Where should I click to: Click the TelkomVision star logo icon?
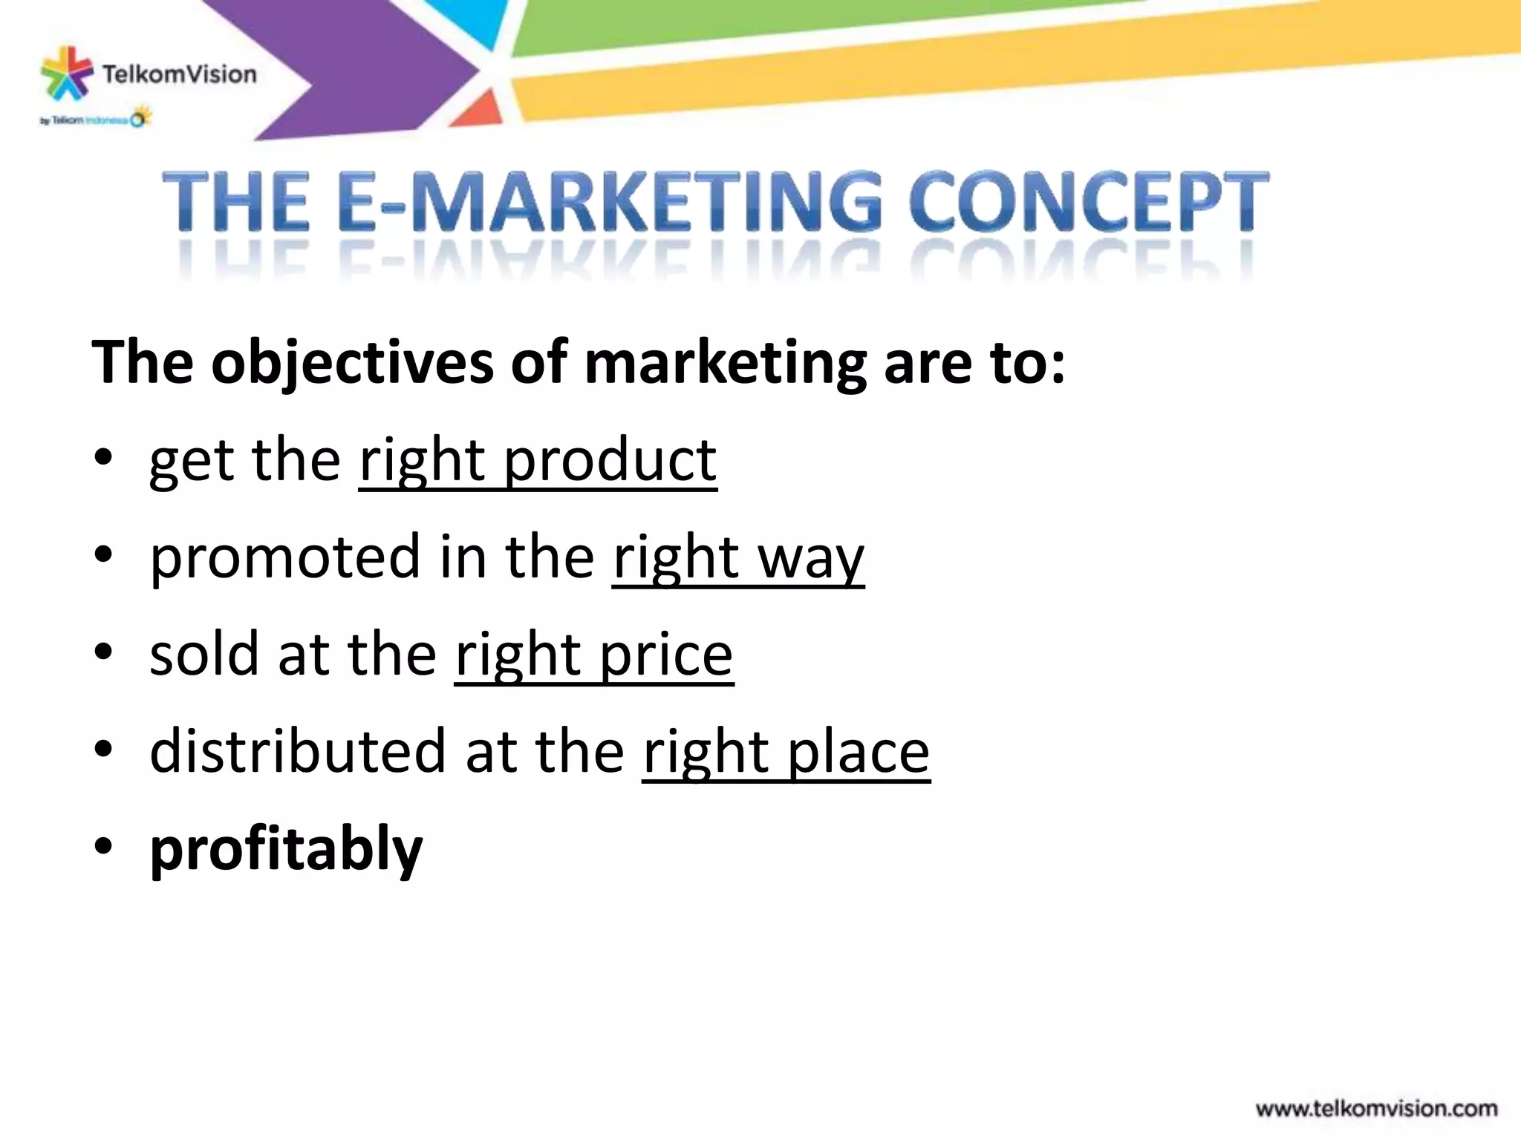[66, 73]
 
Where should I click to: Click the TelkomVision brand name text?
[179, 74]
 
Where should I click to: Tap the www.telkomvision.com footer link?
[1376, 1109]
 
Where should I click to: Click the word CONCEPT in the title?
[1089, 202]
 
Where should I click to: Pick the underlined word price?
[665, 656]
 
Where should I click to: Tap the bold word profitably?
[286, 851]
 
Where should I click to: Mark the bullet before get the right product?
[103, 458]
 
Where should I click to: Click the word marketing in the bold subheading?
[725, 364]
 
